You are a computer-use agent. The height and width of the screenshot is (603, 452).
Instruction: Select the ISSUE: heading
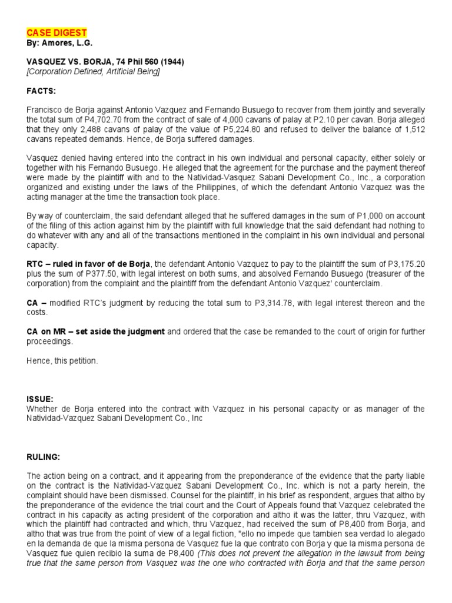(x=41, y=399)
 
